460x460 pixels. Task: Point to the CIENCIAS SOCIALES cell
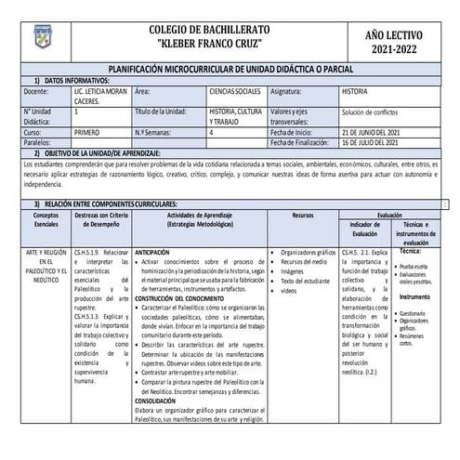point(233,93)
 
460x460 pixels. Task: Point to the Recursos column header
point(302,214)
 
